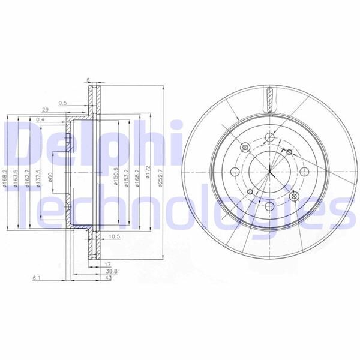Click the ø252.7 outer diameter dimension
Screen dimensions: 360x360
[161, 176]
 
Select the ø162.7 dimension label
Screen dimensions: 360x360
[28, 178]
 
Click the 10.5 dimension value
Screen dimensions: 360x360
[114, 236]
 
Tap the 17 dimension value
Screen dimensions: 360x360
[106, 265]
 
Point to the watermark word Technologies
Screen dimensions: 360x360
[180, 207]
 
